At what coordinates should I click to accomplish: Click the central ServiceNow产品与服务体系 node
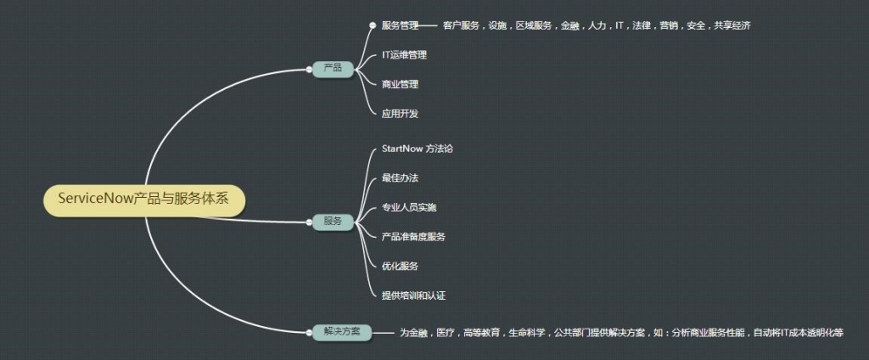144,200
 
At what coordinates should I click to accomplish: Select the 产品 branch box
333,68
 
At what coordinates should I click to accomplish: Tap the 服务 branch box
333,222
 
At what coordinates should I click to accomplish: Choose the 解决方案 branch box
342,332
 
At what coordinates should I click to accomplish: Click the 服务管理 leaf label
401,25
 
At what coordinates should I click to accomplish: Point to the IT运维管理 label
404,55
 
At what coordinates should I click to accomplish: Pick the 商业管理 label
401,84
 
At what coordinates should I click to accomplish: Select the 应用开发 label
401,114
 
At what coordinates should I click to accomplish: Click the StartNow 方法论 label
417,149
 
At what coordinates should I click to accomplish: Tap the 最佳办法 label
401,178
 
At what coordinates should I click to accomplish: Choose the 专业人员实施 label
409,207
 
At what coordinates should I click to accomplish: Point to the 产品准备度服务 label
413,237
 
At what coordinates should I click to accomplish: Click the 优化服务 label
401,267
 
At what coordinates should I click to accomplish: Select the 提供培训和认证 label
413,295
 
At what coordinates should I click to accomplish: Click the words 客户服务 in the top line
461,25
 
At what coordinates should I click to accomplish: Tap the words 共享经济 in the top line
732,25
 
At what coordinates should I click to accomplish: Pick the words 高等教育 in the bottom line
481,333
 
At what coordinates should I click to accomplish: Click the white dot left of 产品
309,69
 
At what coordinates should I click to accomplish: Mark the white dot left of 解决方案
309,332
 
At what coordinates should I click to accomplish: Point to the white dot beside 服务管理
373,25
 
